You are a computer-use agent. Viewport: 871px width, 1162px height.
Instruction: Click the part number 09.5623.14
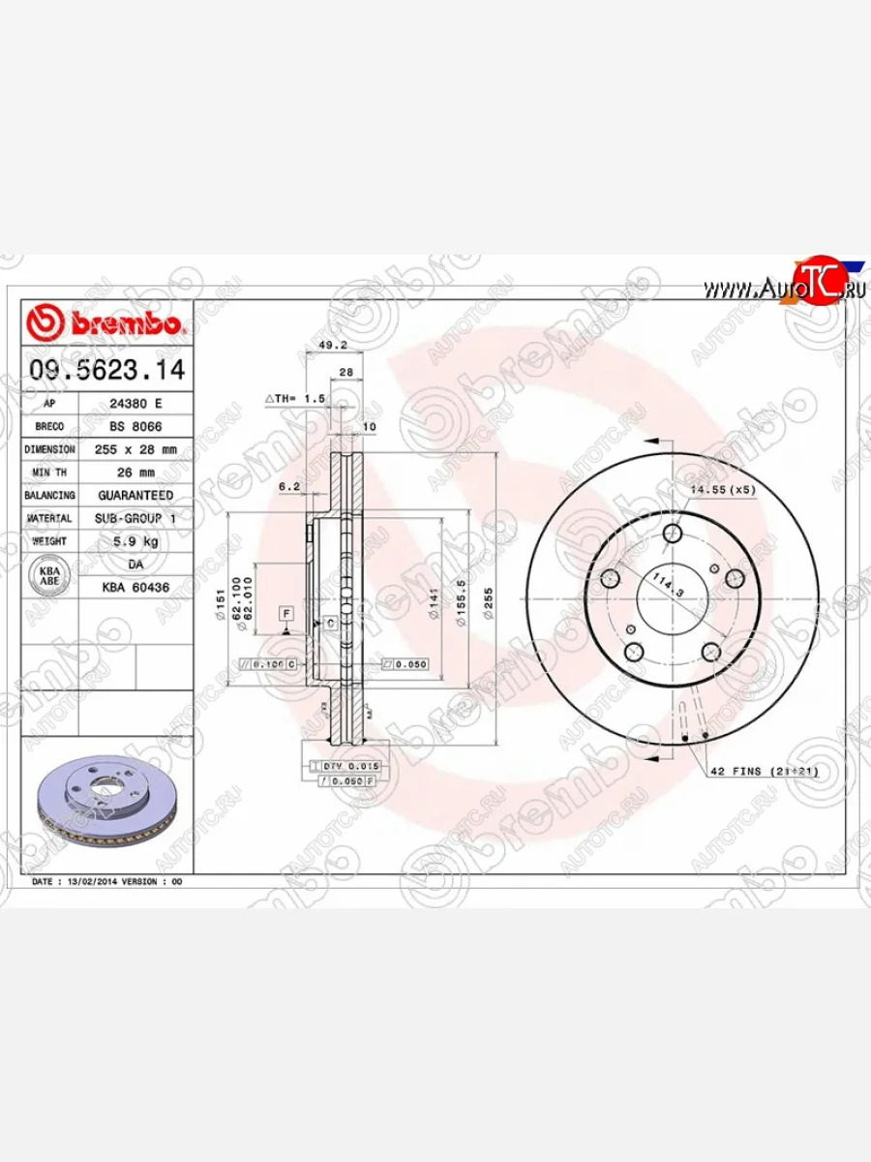(x=106, y=369)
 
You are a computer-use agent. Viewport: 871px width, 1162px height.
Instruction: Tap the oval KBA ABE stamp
(x=48, y=576)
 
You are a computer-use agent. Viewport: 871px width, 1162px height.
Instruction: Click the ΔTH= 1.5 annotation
(x=294, y=398)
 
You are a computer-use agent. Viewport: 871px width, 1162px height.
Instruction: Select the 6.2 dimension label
(x=287, y=488)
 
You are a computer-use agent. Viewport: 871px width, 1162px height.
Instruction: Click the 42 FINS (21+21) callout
(x=764, y=772)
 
